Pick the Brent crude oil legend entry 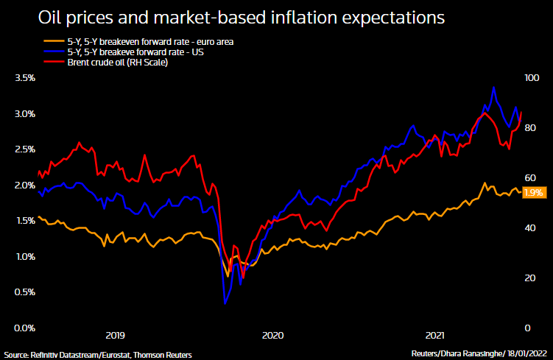click(x=115, y=63)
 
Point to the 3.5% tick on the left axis click(x=25, y=78)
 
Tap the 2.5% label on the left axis click(x=25, y=149)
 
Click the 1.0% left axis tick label click(x=25, y=257)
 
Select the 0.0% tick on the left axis click(x=25, y=328)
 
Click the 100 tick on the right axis click(x=532, y=78)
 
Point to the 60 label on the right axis click(x=529, y=178)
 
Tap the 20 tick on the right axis click(x=529, y=278)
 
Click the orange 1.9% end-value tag click(x=533, y=192)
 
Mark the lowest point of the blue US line click(x=225, y=303)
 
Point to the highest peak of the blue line click(x=493, y=87)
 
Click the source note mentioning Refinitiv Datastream click(x=97, y=354)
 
